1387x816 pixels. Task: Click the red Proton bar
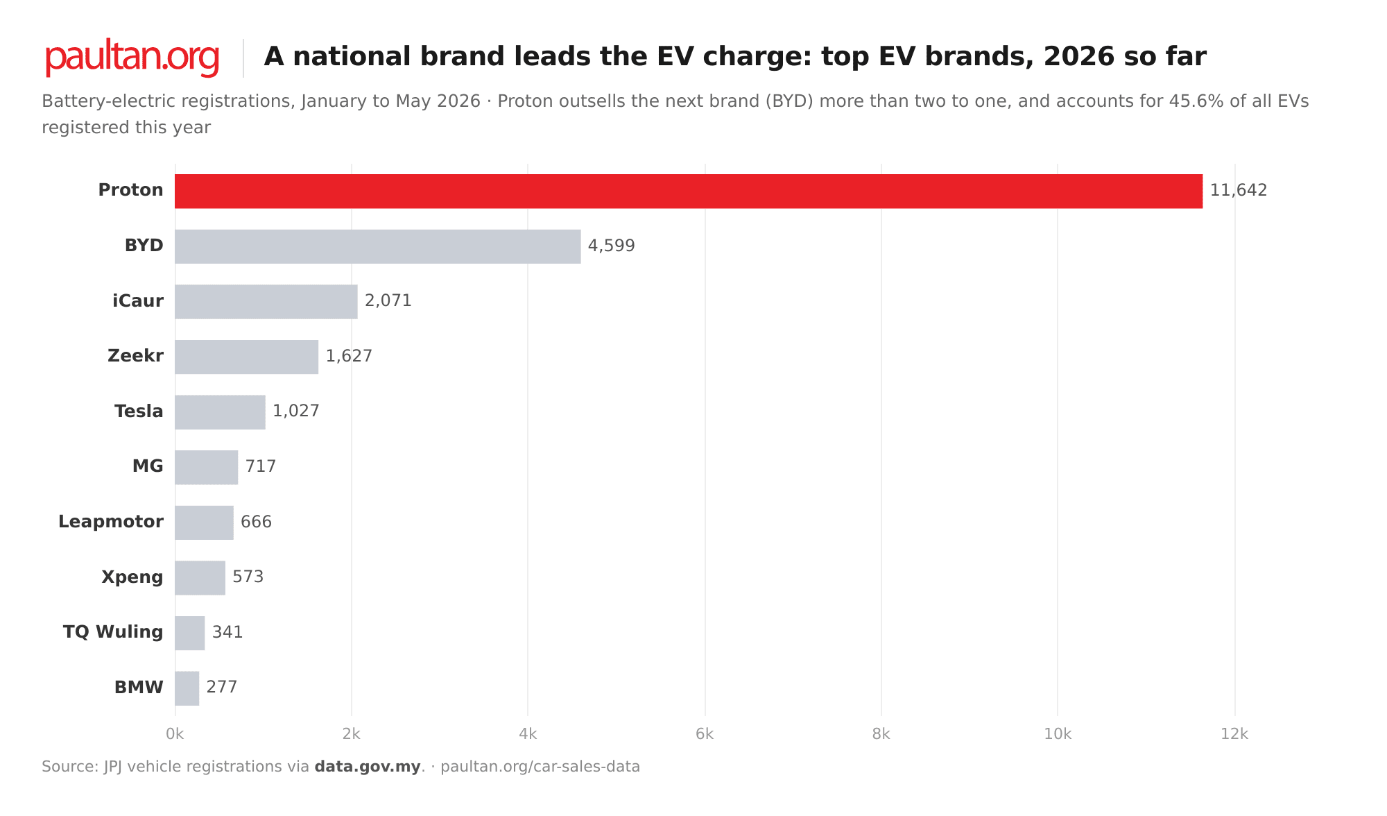point(689,191)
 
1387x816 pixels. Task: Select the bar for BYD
point(378,246)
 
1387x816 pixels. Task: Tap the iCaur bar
point(266,301)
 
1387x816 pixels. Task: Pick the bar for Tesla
point(220,412)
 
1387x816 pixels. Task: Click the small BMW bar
point(187,688)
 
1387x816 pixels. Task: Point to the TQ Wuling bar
point(190,633)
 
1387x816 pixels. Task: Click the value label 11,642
point(1239,190)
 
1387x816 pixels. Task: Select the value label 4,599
point(612,246)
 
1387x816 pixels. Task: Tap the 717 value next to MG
point(261,466)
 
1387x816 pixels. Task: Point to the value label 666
point(257,522)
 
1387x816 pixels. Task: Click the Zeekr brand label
point(136,356)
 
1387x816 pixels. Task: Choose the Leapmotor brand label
point(111,522)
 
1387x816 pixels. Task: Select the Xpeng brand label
point(132,577)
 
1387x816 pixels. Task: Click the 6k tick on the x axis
point(705,734)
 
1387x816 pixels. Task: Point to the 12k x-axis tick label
point(1234,734)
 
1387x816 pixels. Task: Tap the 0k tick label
point(175,734)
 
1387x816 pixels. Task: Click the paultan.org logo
point(132,58)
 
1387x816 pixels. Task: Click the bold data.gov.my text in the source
point(368,767)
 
